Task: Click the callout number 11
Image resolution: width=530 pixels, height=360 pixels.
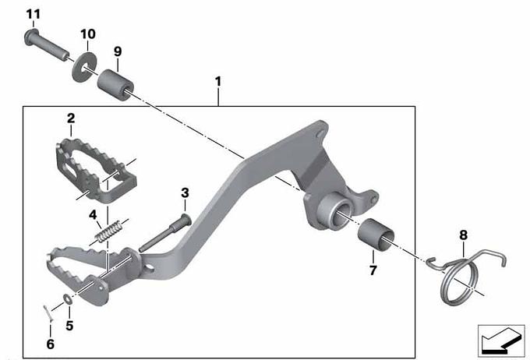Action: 33,14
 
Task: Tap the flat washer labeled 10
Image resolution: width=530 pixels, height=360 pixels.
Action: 84,66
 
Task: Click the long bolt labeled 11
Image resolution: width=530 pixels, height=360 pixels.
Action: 47,45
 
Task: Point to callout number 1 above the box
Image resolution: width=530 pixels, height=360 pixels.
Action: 218,82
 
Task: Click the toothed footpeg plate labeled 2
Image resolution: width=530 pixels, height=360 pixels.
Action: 97,170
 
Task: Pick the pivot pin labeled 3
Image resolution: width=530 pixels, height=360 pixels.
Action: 165,233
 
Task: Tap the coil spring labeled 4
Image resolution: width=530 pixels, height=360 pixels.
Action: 108,231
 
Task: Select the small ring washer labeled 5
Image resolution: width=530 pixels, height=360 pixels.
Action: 67,298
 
